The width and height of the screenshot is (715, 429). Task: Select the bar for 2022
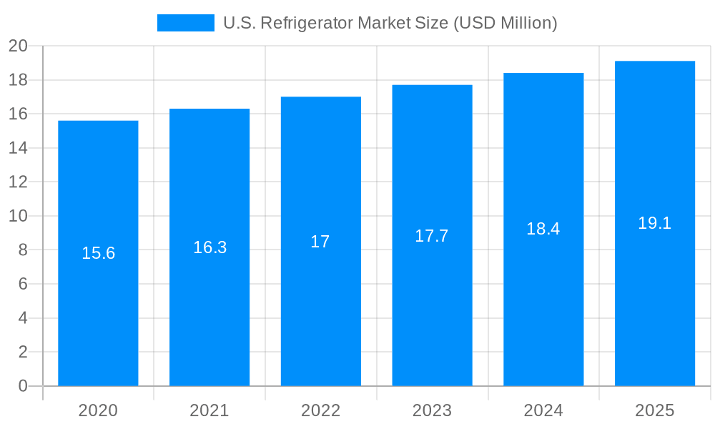point(320,300)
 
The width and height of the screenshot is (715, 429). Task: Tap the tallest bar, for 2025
point(655,300)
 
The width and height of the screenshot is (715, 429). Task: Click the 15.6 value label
point(98,253)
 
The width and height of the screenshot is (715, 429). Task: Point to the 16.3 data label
point(209,247)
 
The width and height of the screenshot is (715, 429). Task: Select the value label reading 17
point(320,242)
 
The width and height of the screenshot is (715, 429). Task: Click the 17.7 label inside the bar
point(432,236)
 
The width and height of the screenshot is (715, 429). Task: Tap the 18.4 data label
point(543,229)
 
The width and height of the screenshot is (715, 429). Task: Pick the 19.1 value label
point(655,223)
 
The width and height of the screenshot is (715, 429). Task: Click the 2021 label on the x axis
point(209,410)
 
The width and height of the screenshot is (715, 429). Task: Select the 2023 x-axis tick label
point(432,410)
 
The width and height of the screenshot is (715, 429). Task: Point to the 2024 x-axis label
point(543,410)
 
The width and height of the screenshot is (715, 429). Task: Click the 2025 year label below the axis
point(655,410)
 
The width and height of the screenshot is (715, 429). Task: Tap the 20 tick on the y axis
point(18,46)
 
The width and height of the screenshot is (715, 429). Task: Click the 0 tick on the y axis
point(23,386)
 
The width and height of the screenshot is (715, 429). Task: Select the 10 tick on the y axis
point(18,216)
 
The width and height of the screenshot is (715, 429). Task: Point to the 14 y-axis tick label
point(18,148)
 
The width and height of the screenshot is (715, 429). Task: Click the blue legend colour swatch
point(185,23)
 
